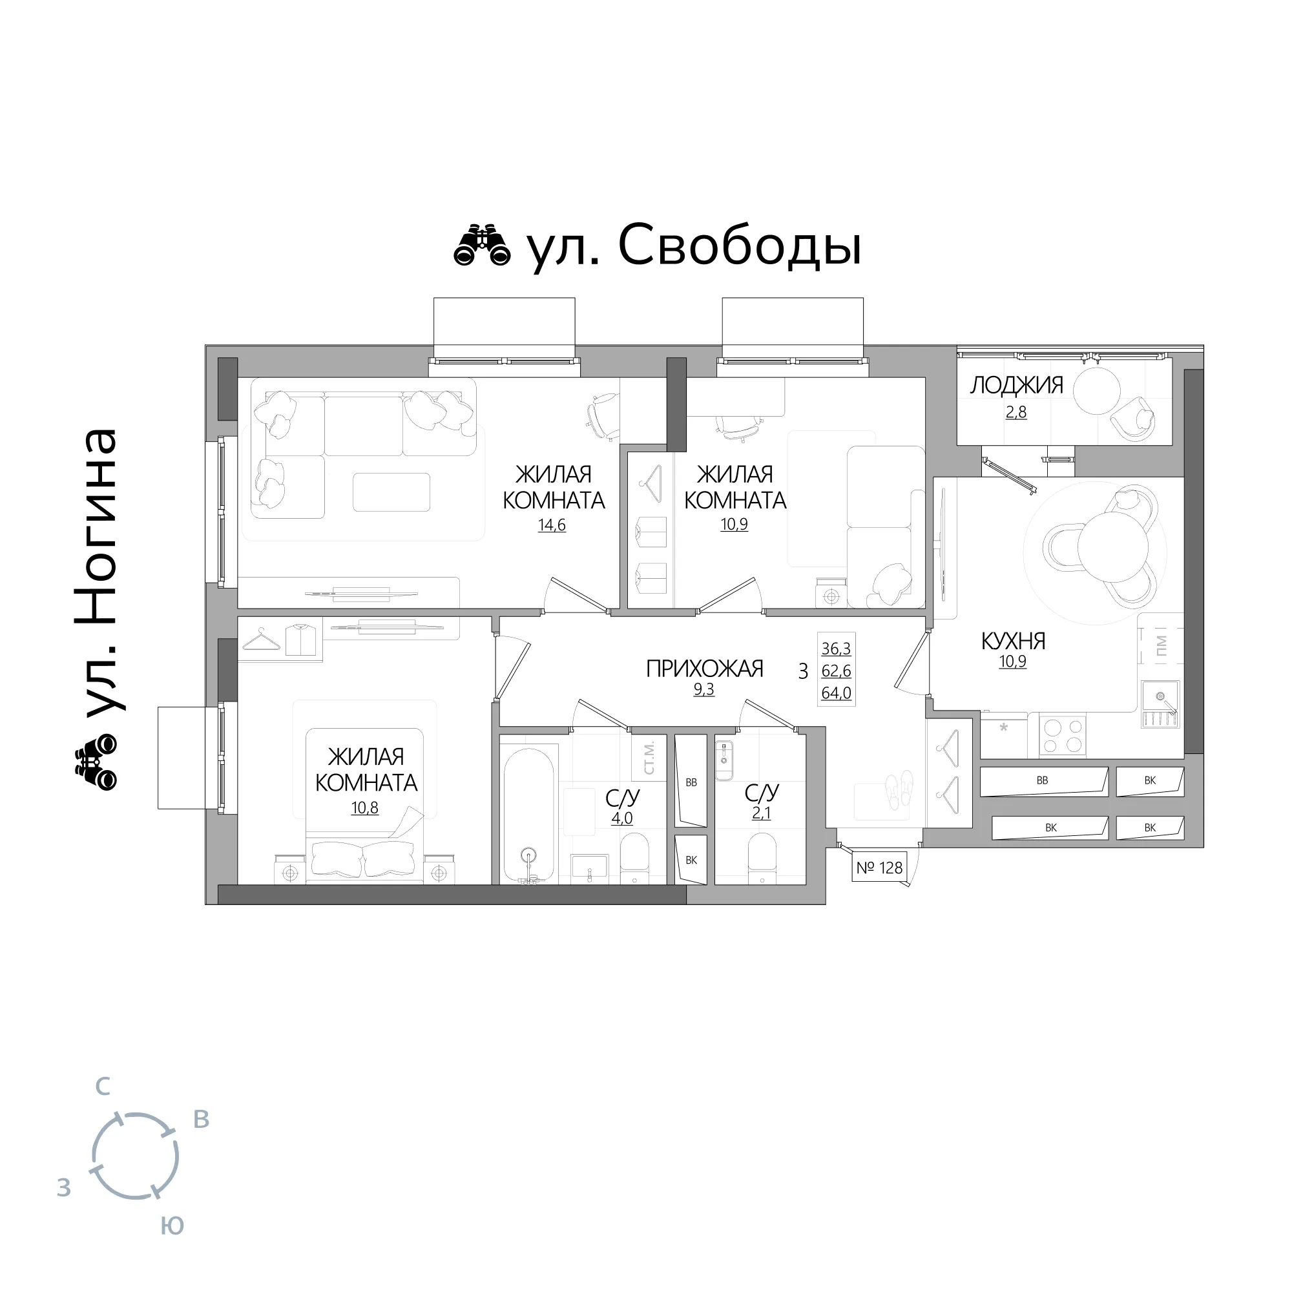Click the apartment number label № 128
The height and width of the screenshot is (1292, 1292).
879,868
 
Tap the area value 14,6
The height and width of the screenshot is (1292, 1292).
552,525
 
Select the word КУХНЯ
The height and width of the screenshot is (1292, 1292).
1013,641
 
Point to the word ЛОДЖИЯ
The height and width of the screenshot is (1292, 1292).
1016,385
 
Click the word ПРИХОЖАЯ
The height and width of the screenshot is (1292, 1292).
704,668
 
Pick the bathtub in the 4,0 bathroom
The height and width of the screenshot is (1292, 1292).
529,815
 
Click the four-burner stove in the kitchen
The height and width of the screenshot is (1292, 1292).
1063,735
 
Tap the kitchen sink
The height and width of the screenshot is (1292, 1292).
1160,704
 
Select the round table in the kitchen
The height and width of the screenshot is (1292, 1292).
1113,547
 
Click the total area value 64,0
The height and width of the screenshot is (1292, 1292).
836,693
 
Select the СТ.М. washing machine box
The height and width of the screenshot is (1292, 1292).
649,758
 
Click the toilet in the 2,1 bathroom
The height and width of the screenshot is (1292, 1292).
762,858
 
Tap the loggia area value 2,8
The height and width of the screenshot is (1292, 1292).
1016,412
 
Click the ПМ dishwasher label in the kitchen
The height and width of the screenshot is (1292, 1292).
1161,646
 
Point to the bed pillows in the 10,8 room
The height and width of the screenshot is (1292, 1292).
364,859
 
